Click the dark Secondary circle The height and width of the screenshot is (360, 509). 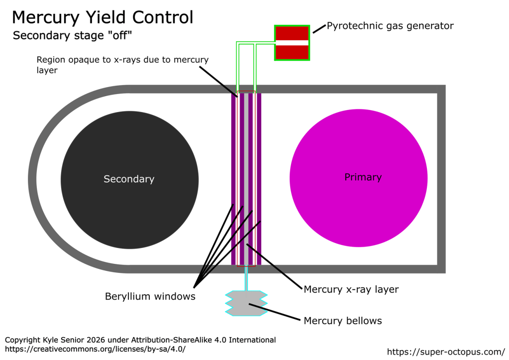tap(129, 180)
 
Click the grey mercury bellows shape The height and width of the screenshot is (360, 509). tap(246, 303)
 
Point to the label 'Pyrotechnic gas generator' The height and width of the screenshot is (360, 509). tap(390, 26)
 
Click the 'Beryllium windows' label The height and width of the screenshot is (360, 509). tap(150, 297)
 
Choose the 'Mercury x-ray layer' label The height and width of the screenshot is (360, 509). tap(351, 289)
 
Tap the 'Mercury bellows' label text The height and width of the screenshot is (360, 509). tap(343, 321)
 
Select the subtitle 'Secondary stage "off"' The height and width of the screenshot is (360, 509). tap(72, 36)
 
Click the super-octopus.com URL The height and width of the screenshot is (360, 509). tap(445, 352)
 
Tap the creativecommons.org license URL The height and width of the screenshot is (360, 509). tap(95, 349)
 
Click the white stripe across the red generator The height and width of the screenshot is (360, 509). tap(292, 42)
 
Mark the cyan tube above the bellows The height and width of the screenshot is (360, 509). tap(246, 279)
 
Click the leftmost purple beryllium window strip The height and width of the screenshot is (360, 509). tap(233, 179)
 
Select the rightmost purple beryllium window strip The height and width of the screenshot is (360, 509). tap(259, 179)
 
